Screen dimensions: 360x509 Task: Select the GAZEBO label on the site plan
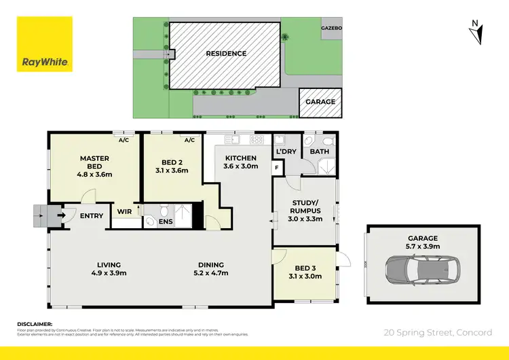tap(333, 29)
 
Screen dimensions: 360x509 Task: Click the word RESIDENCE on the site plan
tap(226, 54)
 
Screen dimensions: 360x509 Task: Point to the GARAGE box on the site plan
tap(320, 102)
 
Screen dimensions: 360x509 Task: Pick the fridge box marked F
tap(277, 167)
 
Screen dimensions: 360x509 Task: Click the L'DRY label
tap(286, 151)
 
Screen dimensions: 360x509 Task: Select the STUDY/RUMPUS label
tap(304, 206)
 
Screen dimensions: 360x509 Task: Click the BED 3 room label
tap(303, 267)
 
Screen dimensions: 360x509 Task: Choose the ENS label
tap(166, 221)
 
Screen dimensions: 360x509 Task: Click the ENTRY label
tap(92, 217)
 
